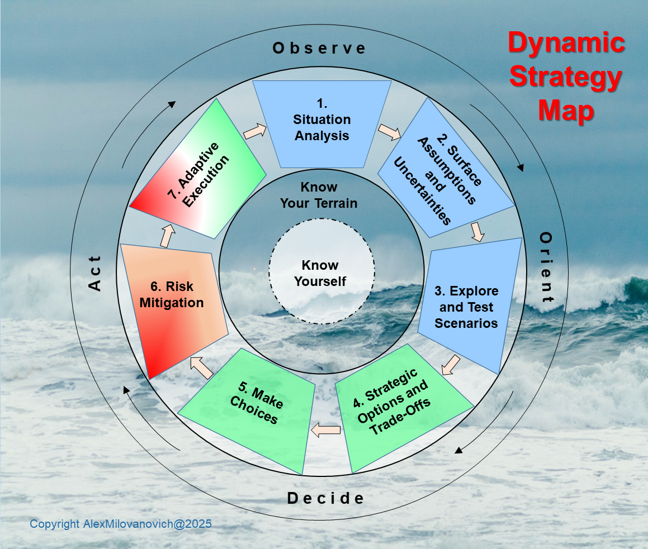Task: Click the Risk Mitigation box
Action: (x=174, y=302)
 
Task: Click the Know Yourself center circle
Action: (x=320, y=273)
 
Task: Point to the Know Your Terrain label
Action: (x=319, y=195)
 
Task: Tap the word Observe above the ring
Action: (x=319, y=49)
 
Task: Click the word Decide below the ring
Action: (x=325, y=498)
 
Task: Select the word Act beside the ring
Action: (x=96, y=273)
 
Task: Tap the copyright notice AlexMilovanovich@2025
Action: (x=120, y=524)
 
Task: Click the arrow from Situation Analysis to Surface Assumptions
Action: (x=390, y=132)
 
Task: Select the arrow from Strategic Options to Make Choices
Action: (x=325, y=429)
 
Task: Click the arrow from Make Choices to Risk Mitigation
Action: (x=201, y=367)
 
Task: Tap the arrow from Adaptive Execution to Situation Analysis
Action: (x=255, y=131)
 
